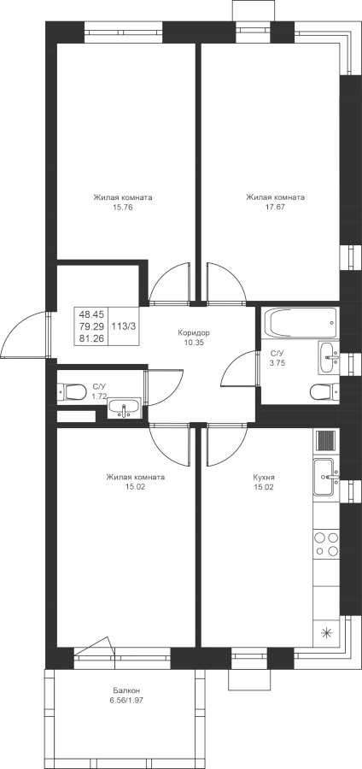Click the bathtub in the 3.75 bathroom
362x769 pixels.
301,322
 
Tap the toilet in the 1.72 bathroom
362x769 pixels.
72,392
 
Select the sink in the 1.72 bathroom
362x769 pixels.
124,408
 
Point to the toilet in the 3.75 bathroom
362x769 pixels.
324,392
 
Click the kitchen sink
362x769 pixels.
326,476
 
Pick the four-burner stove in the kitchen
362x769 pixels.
326,543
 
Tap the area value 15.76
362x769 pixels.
123,207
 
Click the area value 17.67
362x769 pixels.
275,207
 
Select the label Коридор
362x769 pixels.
194,333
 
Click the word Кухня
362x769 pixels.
264,477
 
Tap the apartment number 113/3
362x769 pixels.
124,326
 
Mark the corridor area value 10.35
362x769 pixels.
194,343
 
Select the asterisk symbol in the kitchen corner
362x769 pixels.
326,633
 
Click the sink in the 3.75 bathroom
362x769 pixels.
328,352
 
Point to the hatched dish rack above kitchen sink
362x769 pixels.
326,440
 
